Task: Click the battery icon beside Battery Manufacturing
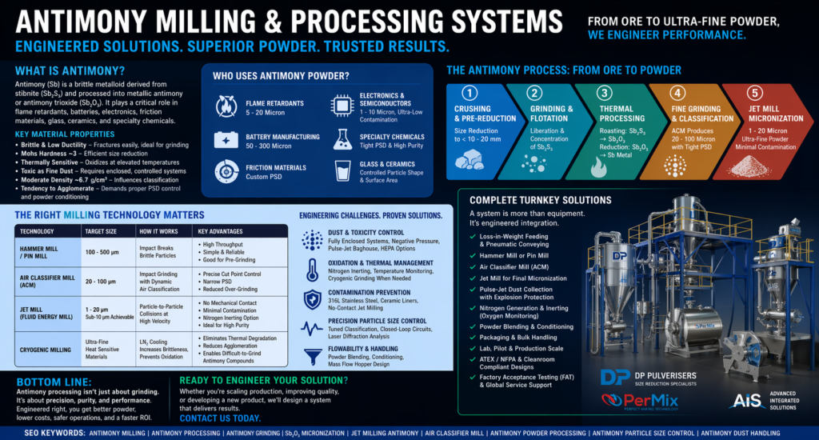pyautogui.click(x=228, y=138)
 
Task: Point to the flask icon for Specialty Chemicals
pyautogui.click(x=342, y=138)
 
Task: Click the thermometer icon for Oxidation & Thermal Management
pyautogui.click(x=311, y=270)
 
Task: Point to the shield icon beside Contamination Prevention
pyautogui.click(x=311, y=299)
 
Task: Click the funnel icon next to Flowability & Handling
pyautogui.click(x=311, y=356)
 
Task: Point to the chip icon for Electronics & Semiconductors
pyautogui.click(x=342, y=105)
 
